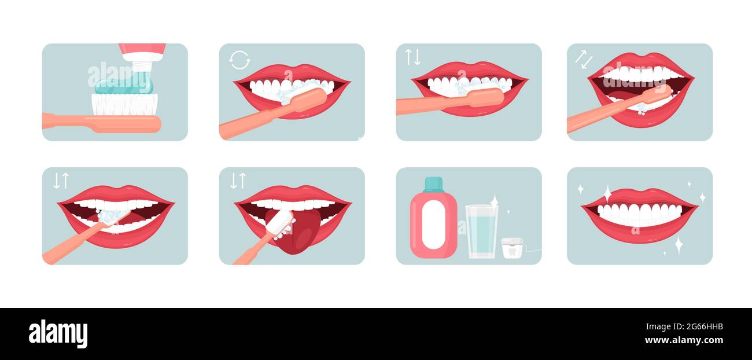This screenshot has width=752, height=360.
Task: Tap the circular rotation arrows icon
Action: tap(239, 60)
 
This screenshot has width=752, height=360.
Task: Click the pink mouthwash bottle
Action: tap(433, 223)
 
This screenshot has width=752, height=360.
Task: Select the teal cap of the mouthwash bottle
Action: tap(433, 184)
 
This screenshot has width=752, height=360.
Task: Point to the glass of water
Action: tap(481, 232)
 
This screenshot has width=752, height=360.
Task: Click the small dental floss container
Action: tap(512, 248)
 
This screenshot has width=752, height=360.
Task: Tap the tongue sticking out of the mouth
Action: tap(301, 232)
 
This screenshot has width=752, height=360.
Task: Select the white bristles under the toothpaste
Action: tap(124, 104)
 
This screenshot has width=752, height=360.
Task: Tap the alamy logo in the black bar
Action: tap(58, 334)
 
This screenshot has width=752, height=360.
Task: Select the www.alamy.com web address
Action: tap(684, 340)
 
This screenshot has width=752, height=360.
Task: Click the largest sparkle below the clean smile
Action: tap(679, 244)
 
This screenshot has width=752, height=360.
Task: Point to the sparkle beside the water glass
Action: tap(495, 201)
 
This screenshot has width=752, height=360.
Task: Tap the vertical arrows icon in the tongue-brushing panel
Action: tap(238, 181)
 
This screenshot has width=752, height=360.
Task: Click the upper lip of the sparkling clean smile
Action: tap(639, 196)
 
